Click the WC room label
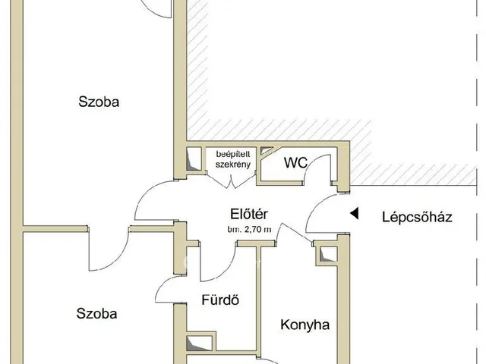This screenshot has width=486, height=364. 295,162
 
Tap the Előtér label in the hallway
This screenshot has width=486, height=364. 249,214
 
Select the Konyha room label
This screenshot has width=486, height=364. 305,325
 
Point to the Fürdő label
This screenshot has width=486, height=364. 220,300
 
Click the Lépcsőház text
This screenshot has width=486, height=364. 417,217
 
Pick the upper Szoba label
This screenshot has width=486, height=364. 99,102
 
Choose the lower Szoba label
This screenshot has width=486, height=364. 96,314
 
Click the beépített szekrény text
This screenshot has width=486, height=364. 233,159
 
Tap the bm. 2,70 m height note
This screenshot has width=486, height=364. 250,230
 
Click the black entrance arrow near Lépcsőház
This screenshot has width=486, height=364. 355,213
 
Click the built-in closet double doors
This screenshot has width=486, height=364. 231,180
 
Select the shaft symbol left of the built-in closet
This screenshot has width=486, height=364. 194,158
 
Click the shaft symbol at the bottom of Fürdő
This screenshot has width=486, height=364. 199,344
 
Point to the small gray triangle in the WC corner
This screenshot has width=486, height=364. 265,150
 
